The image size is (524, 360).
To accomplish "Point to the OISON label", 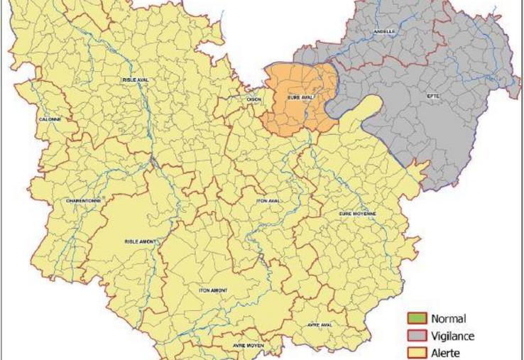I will tap(253, 99).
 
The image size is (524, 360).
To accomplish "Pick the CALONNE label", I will tap(50, 119).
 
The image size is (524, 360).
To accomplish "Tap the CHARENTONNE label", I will tap(83, 200).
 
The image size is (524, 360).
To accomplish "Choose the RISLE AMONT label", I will tap(141, 241).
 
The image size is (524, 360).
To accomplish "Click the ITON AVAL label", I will tap(268, 201).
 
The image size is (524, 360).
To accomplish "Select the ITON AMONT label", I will tap(213, 290).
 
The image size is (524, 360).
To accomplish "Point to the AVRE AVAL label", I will tap(320, 324).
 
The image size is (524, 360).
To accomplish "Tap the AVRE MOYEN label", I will tap(249, 345).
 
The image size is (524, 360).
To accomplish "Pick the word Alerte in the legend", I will tap(447, 352).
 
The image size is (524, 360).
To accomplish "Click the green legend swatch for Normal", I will tap(417, 320).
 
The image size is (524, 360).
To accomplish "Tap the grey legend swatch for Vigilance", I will tap(417, 336).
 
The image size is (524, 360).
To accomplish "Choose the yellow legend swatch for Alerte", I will tap(417, 352).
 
